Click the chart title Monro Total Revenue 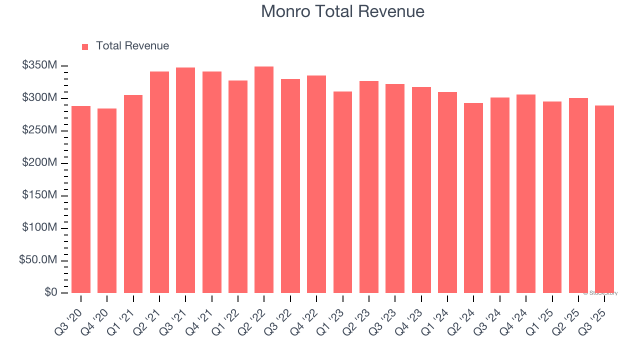tap(342, 11)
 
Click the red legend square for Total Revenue tap(85, 46)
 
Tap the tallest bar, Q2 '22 tap(264, 180)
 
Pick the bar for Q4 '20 tap(107, 200)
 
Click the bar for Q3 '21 tap(185, 180)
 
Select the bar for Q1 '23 tap(342, 192)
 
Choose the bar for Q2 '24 tap(473, 197)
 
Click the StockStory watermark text tap(600, 293)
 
